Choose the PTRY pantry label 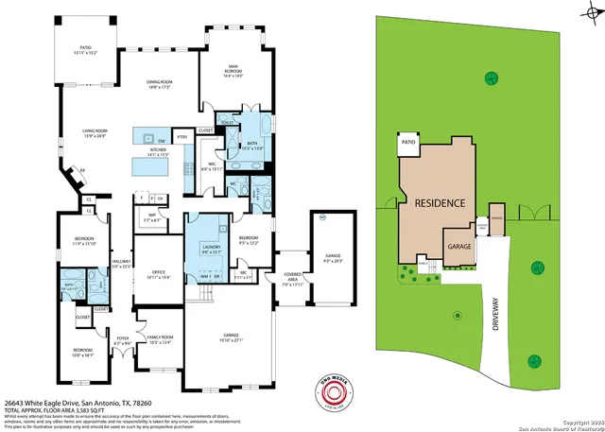[x=182, y=138]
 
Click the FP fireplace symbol [x=82, y=169]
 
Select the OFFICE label [x=159, y=273]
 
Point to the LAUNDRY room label [x=209, y=249]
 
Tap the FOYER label [x=122, y=338]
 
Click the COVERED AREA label [x=292, y=280]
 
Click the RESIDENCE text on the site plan [x=436, y=203]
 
